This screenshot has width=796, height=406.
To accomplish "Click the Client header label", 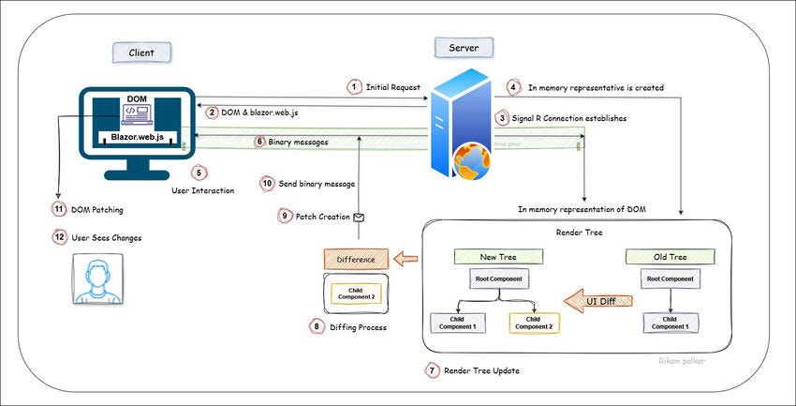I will [134, 52].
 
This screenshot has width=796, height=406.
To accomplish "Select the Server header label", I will [464, 47].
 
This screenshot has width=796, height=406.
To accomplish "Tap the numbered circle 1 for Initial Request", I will [353, 87].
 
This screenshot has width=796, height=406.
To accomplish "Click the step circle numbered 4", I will [513, 87].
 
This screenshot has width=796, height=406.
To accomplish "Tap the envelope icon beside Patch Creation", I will [358, 217].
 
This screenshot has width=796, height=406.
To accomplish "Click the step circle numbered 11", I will [59, 209].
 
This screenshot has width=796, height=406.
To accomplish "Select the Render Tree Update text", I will [481, 370].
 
